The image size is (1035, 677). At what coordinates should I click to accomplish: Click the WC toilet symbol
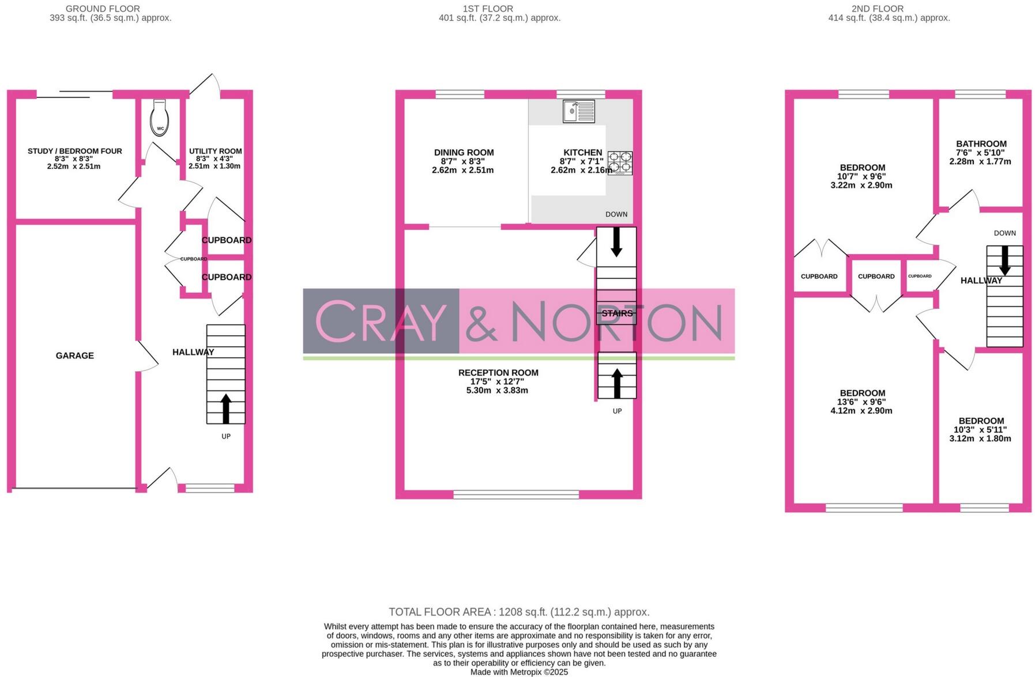[x=160, y=119]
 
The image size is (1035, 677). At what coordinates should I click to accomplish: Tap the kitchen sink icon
[x=578, y=111]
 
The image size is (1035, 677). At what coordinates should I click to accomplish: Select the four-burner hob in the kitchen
[x=620, y=163]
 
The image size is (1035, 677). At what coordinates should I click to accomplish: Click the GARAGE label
[x=75, y=355]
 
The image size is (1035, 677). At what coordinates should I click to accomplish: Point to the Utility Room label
[x=216, y=151]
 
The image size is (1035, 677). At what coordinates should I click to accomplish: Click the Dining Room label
[x=464, y=153]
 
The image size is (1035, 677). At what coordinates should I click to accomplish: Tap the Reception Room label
[x=498, y=373]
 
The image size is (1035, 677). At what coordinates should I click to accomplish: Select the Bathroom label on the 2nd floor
[x=981, y=144]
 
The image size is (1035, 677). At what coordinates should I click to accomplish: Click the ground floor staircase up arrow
[x=225, y=408]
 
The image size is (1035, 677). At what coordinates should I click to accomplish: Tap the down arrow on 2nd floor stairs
[x=1004, y=260]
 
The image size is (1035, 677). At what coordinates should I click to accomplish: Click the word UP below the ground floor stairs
[x=226, y=436]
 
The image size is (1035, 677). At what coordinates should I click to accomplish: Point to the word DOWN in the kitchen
[x=616, y=214]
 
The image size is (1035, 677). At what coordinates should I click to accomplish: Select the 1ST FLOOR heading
[x=488, y=9]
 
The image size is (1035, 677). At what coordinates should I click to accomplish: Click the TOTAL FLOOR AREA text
[x=519, y=612]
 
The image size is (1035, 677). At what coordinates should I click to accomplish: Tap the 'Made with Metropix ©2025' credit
[x=519, y=672]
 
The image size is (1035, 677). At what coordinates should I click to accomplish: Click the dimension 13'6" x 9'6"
[x=861, y=402]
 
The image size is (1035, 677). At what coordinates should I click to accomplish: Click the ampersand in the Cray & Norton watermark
[x=481, y=321]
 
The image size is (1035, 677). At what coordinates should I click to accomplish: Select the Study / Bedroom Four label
[x=75, y=151]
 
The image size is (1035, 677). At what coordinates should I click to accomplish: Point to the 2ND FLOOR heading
[x=877, y=9]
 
